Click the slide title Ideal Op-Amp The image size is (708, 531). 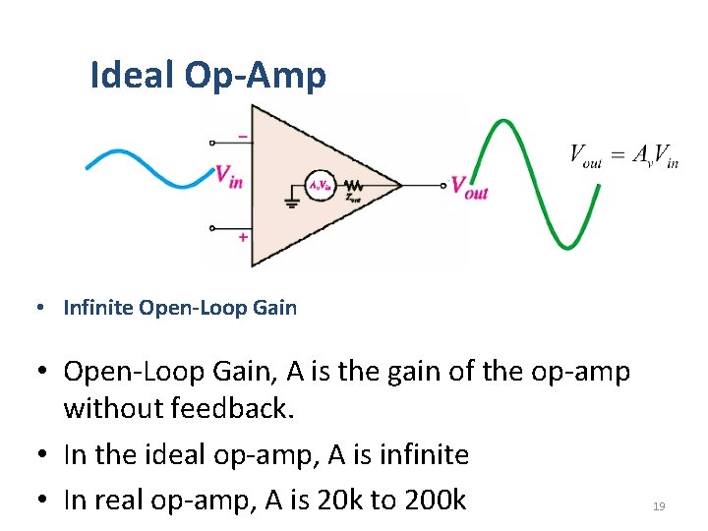click(207, 75)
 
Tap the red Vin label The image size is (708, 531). click(229, 176)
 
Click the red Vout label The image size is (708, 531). click(468, 187)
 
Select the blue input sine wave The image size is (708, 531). click(147, 168)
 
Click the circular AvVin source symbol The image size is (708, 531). click(320, 185)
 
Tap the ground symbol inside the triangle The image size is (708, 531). click(291, 203)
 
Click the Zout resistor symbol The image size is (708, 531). click(352, 185)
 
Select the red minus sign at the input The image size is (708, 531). click(242, 137)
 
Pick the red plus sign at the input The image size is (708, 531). click(242, 237)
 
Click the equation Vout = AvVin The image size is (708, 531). click(623, 155)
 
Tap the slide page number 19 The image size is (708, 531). click(659, 506)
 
